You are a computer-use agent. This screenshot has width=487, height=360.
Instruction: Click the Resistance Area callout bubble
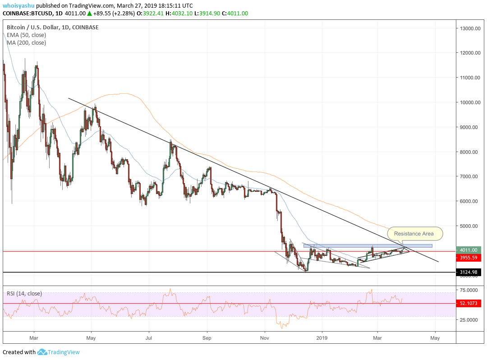[413, 234]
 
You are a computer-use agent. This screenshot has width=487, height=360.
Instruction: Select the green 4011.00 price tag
[469, 250]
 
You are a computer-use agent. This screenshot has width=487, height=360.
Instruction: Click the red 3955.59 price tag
[469, 258]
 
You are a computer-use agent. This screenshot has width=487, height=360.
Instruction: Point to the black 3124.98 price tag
[469, 272]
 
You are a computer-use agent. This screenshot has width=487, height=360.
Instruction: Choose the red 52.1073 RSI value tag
[469, 303]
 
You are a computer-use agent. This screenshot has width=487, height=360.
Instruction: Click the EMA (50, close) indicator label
[26, 35]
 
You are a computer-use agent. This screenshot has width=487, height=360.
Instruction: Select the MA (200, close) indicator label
[26, 43]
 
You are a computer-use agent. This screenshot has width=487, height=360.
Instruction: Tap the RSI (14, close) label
[24, 294]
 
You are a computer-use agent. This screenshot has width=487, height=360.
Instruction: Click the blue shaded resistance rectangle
[368, 246]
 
